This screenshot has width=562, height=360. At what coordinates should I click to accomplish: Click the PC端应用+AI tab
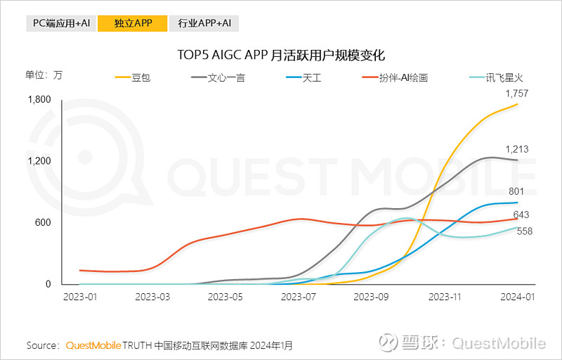pyautogui.click(x=61, y=23)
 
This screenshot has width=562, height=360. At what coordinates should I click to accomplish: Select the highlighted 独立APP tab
pyautogui.click(x=133, y=23)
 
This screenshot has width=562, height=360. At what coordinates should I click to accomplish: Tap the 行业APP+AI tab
pyautogui.click(x=204, y=23)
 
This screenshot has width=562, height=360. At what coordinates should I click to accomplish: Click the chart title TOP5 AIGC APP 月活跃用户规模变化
pyautogui.click(x=281, y=55)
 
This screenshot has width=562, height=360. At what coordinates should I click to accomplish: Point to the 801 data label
pyautogui.click(x=518, y=191)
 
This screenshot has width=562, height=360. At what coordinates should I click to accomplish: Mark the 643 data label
pyautogui.click(x=521, y=214)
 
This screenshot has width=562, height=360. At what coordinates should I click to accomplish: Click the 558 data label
pyautogui.click(x=524, y=231)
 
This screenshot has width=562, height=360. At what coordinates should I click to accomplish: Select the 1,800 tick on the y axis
pyautogui.click(x=39, y=99)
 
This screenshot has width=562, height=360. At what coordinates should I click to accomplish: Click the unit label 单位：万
pyautogui.click(x=44, y=76)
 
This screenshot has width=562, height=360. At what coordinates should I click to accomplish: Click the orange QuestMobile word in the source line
pyautogui.click(x=93, y=345)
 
